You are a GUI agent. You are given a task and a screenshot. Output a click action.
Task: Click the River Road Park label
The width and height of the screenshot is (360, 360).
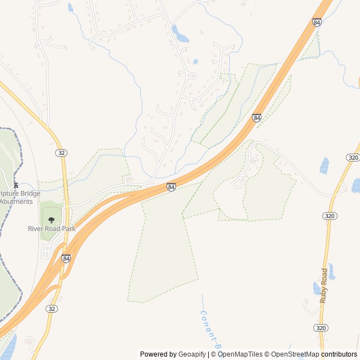pos(52,229)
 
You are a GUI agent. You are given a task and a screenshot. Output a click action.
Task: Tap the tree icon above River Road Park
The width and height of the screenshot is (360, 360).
pos(52,220)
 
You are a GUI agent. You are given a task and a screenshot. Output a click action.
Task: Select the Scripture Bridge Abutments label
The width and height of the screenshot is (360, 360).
pos(20,197)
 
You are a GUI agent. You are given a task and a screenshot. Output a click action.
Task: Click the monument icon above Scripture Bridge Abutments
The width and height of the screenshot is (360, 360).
pos(16,185)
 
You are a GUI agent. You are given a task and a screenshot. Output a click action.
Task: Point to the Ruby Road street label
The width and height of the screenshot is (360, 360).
pos(323,286)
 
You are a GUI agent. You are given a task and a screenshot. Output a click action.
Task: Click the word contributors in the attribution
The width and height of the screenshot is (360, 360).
pos(339,354)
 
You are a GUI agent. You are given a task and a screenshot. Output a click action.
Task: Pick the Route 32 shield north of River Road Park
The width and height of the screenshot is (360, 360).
pos(61,153)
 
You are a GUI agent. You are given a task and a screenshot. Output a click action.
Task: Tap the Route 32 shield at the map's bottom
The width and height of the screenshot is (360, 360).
pos(52,309)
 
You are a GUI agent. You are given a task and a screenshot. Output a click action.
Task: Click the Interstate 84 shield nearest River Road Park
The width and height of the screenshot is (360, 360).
pos(66,258)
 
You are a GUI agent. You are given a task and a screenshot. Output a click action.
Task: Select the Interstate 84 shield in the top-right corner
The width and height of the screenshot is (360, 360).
pos(317,22)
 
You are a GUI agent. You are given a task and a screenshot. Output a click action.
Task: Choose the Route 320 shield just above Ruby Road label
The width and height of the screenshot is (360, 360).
pos(330,216)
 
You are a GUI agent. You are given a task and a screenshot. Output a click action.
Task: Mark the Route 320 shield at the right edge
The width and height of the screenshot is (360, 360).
pos(353,157)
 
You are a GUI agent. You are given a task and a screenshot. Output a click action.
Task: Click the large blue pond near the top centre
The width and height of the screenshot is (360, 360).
pos(180,35)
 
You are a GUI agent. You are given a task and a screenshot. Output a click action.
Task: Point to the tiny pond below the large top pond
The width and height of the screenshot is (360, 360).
pos(195,62)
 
